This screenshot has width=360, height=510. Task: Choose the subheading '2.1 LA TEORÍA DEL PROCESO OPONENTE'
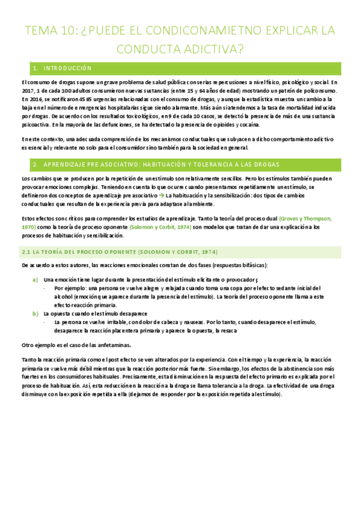[120, 251]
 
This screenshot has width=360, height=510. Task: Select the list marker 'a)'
[35, 280]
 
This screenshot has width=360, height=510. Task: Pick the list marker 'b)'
[35, 313]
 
